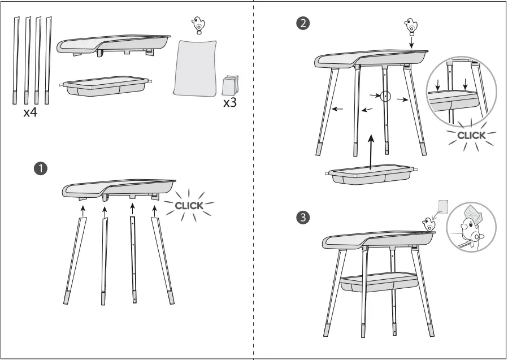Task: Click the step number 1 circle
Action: pos(40,168)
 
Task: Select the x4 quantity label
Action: pos(31,112)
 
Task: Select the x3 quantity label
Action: pos(230,103)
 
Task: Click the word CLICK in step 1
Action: pos(189,206)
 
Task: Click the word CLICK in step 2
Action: pos(471,136)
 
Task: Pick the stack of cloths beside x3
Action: pos(231,85)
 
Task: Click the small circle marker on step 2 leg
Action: pos(385,96)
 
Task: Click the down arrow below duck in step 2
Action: pos(411,41)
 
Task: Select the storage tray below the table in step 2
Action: pos(371,175)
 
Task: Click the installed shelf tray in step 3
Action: pos(379,281)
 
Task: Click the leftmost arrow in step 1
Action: pos(83,211)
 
